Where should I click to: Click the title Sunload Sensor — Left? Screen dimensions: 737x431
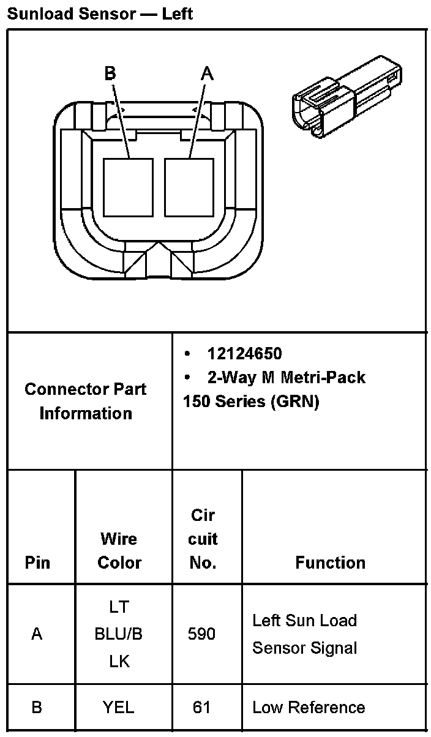coord(100,13)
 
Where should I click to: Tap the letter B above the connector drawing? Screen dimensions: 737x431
coord(110,73)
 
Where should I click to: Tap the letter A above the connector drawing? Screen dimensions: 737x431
coord(208,73)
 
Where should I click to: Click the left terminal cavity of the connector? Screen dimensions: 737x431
coord(128,187)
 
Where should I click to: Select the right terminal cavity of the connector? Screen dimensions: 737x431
coord(189,187)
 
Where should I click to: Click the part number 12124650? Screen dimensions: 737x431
coord(244,354)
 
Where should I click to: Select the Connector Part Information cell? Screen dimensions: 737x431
coord(86,401)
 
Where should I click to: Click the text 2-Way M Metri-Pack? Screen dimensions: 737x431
coord(286,377)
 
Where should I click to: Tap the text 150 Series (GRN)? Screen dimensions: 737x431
coord(251,402)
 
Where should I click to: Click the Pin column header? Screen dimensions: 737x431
coord(37,563)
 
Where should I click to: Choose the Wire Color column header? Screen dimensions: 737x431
coord(119,550)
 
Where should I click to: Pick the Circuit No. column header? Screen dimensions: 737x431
coord(203,539)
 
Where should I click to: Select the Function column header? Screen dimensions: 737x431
coord(330,563)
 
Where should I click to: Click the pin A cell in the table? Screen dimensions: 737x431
coord(37,634)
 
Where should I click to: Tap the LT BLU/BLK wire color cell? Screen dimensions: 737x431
coord(119,634)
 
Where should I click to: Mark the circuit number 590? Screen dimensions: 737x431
coord(201,634)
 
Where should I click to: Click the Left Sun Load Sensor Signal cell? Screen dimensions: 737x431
coord(305,634)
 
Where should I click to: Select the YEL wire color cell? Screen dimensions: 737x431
coord(119,708)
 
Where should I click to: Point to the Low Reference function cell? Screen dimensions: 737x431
coord(309,708)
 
